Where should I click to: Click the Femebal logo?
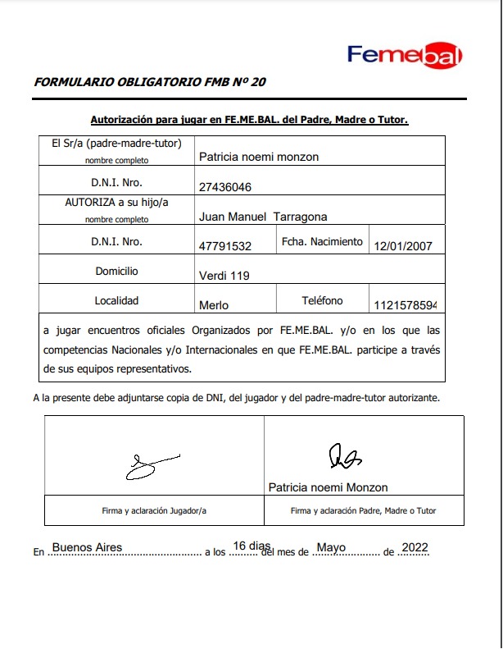click(405, 55)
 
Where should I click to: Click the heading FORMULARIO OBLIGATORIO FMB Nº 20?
click(150, 82)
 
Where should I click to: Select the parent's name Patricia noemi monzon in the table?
click(259, 157)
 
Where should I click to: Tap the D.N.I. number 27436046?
click(225, 187)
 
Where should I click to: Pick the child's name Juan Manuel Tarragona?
click(263, 217)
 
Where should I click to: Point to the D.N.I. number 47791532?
click(225, 246)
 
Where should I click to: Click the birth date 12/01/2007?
click(403, 246)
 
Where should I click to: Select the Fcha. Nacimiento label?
click(322, 242)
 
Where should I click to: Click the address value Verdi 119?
click(224, 276)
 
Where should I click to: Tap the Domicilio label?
click(116, 271)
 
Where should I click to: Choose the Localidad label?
click(116, 300)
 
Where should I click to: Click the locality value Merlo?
click(214, 305)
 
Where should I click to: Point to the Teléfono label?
click(322, 301)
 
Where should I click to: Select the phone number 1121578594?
click(405, 305)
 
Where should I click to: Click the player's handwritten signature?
click(150, 465)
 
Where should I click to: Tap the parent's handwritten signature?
click(344, 456)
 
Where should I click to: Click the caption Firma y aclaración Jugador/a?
click(154, 510)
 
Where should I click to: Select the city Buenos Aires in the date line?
click(87, 547)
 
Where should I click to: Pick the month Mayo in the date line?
click(332, 547)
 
